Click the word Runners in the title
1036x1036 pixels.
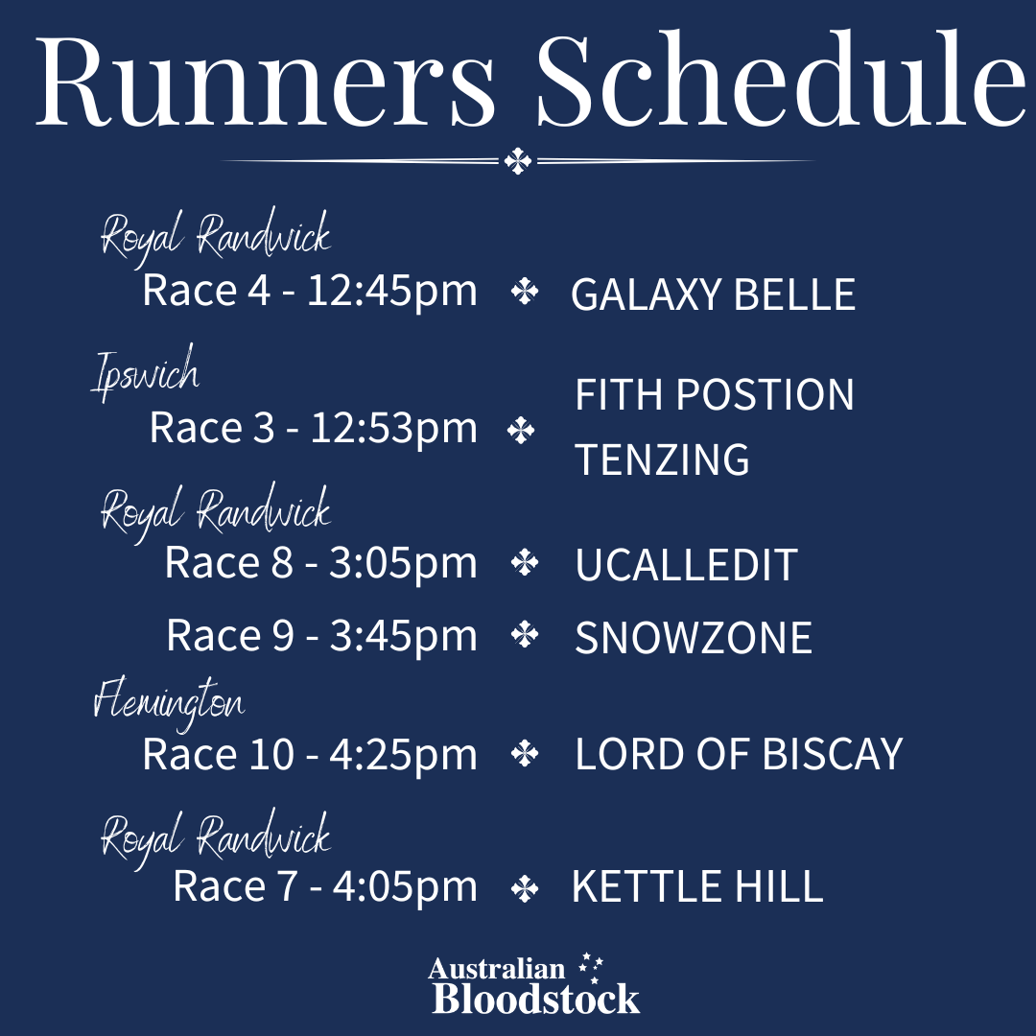[x=266, y=81]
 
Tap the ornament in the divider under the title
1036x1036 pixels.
[x=517, y=161]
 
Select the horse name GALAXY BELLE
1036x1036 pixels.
[x=713, y=294]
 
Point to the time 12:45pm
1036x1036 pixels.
[x=391, y=292]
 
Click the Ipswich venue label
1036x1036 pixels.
[x=146, y=372]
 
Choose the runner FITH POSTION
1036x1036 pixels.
[x=715, y=394]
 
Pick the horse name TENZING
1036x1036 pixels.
[x=662, y=459]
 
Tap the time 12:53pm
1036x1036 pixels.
[x=394, y=428]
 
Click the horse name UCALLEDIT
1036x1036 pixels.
[x=686, y=565]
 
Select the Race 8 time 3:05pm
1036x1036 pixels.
[x=403, y=564]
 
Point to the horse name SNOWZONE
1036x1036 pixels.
[x=694, y=638]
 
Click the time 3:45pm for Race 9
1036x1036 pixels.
[x=403, y=636]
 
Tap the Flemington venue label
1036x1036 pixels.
[x=169, y=701]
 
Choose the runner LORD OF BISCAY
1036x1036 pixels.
[x=739, y=754]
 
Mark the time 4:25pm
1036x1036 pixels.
[x=403, y=755]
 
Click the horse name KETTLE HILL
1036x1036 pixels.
[x=697, y=886]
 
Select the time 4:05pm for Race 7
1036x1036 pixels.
[x=405, y=887]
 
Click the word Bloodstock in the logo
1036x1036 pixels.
[x=536, y=999]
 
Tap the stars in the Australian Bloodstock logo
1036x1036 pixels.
[x=591, y=967]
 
